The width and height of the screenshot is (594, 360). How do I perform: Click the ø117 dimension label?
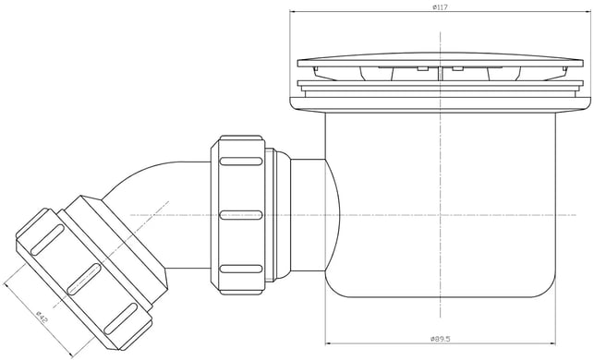[441, 6]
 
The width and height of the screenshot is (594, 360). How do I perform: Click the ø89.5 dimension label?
[441, 339]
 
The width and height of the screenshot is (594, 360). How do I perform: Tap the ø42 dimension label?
[42, 317]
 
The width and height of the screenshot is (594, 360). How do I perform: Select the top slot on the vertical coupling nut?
[241, 162]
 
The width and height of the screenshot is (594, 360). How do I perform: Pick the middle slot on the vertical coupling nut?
[241, 215]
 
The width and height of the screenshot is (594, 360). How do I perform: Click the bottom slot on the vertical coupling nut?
[241, 269]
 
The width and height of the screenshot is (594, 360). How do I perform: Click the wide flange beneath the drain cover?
[441, 104]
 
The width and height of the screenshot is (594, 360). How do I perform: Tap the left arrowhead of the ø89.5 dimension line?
[329, 343]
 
